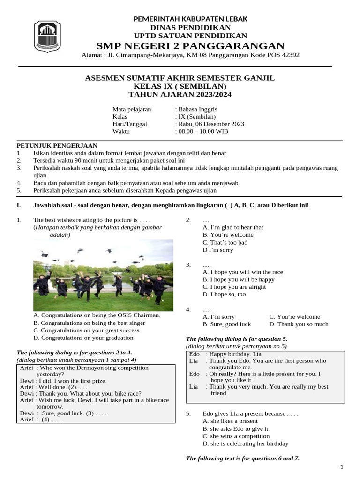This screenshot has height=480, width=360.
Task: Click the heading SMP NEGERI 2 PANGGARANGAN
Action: coord(190,45)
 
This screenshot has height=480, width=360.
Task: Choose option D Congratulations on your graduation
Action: coord(83,337)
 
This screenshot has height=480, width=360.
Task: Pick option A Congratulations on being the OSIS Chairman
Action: coord(97,315)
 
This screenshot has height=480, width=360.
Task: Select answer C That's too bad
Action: coord(225,242)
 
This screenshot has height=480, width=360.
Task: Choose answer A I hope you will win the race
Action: coord(242,272)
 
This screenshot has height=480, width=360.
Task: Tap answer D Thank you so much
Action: coord(299,324)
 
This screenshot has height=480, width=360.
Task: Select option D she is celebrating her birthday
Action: coord(245,443)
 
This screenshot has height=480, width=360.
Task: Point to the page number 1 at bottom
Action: coord(342,467)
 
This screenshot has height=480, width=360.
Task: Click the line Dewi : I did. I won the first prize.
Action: coord(63,380)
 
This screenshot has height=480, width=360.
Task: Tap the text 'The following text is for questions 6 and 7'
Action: coord(242,458)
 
